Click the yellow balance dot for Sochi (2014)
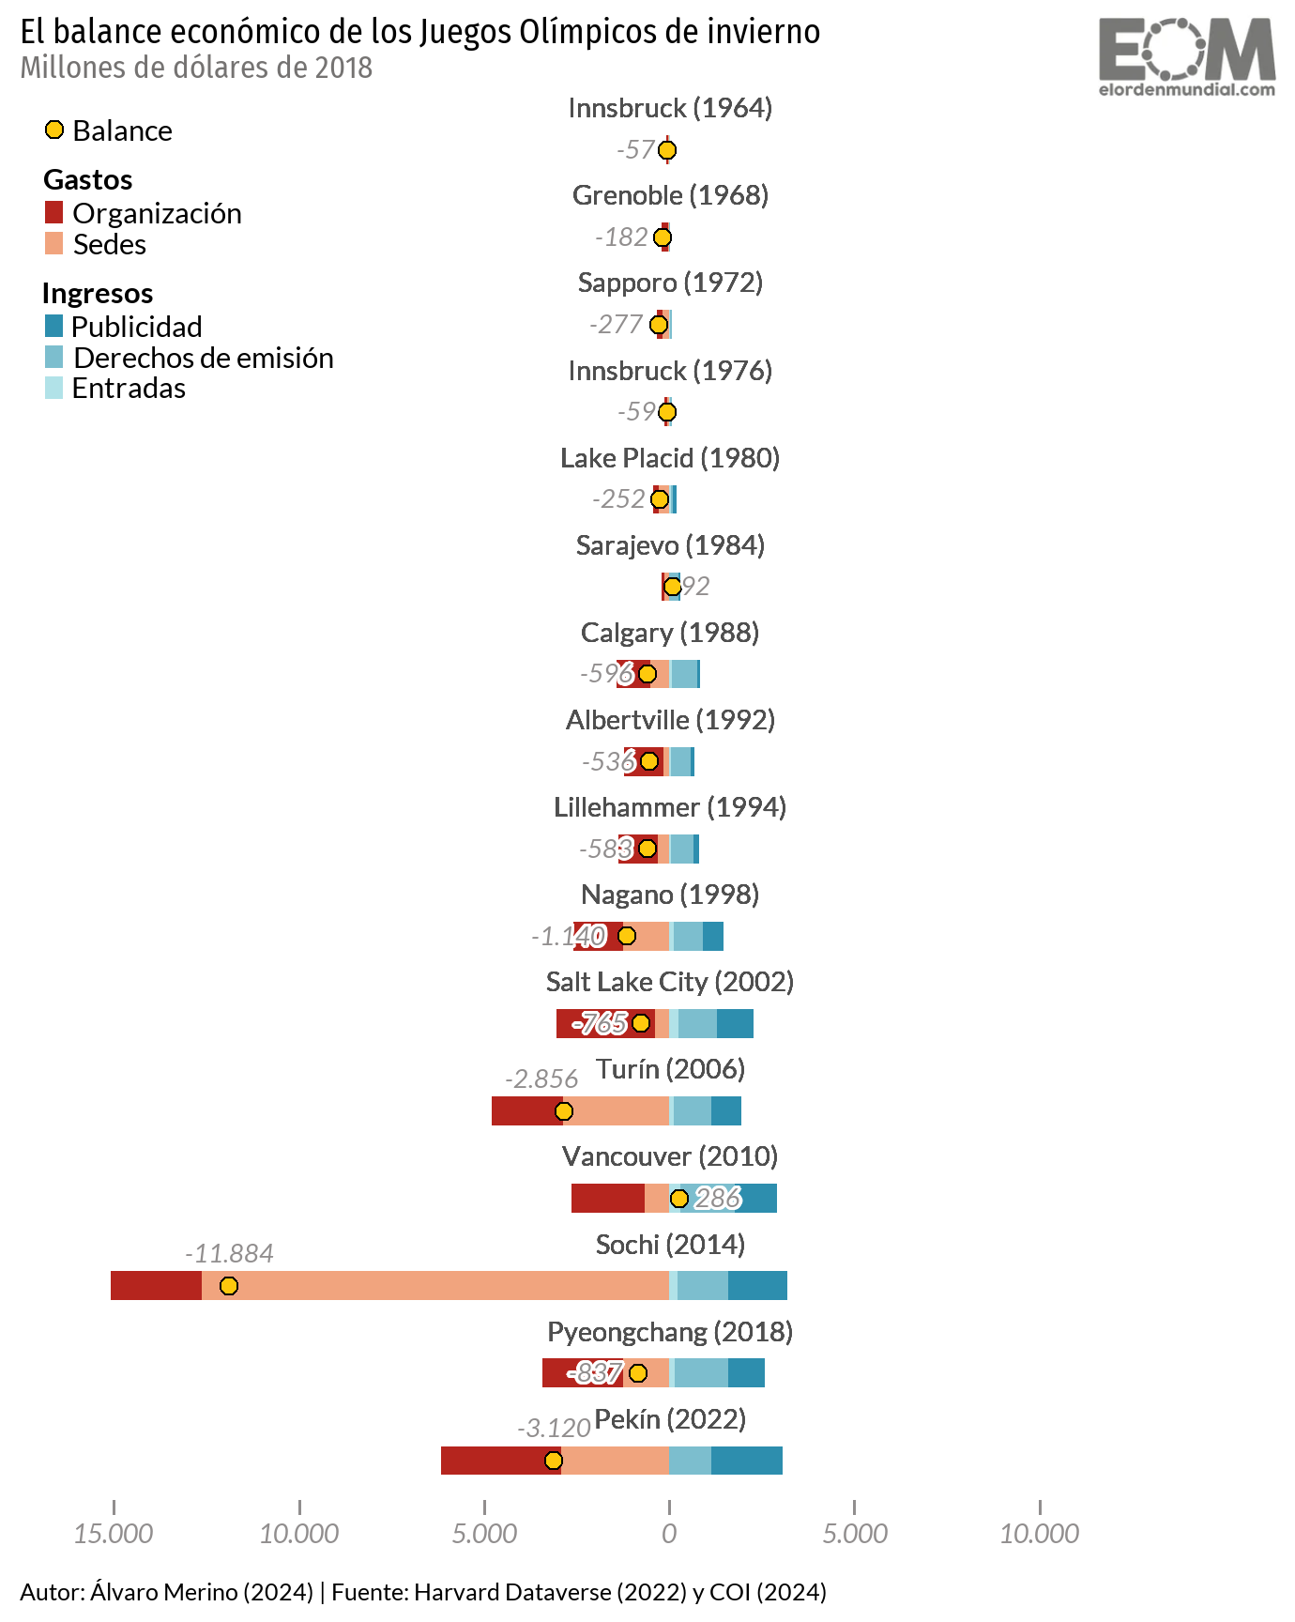click(x=228, y=1286)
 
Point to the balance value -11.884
click(x=229, y=1254)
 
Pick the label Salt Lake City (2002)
click(x=670, y=982)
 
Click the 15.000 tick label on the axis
click(x=114, y=1534)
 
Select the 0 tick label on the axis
click(x=669, y=1534)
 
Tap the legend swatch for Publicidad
click(x=54, y=327)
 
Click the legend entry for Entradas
click(x=129, y=389)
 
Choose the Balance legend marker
click(x=54, y=130)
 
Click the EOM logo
click(x=1187, y=56)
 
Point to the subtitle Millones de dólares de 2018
click(x=196, y=69)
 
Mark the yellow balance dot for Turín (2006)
click(x=563, y=1111)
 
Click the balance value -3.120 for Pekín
click(x=554, y=1429)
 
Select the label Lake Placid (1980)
click(x=670, y=458)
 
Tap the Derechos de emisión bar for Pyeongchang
click(x=701, y=1373)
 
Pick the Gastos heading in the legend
click(x=88, y=180)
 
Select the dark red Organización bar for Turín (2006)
click(x=526, y=1111)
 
